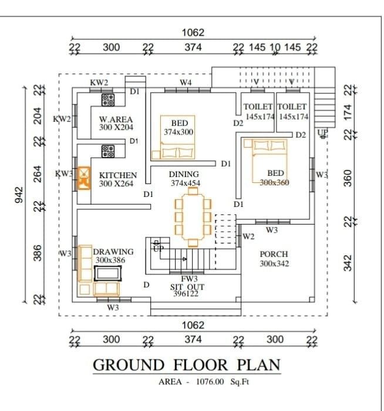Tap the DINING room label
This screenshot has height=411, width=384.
tap(184, 174)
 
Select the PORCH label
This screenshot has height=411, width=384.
tap(274, 254)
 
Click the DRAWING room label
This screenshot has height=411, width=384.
tap(113, 252)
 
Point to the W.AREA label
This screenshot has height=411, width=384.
tap(116, 119)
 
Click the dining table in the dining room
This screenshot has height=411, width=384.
tap(193, 217)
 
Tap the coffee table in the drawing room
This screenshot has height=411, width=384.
tap(107, 273)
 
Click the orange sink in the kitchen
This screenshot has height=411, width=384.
tap(84, 178)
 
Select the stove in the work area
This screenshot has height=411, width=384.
tap(108, 100)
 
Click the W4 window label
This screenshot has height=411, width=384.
tap(186, 82)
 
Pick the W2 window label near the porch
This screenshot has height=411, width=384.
tap(248, 237)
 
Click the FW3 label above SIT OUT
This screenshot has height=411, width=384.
tap(189, 278)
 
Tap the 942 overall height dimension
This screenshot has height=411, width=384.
tap(19, 195)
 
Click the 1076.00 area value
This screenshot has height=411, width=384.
tap(210, 381)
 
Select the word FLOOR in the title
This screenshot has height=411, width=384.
tap(201, 365)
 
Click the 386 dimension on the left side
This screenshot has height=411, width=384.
tap(38, 253)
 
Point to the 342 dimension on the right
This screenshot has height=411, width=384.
tap(348, 263)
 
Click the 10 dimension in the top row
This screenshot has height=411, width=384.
tap(275, 47)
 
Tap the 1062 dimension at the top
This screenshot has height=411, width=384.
tap(193, 32)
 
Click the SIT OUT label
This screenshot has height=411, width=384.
tap(187, 287)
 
